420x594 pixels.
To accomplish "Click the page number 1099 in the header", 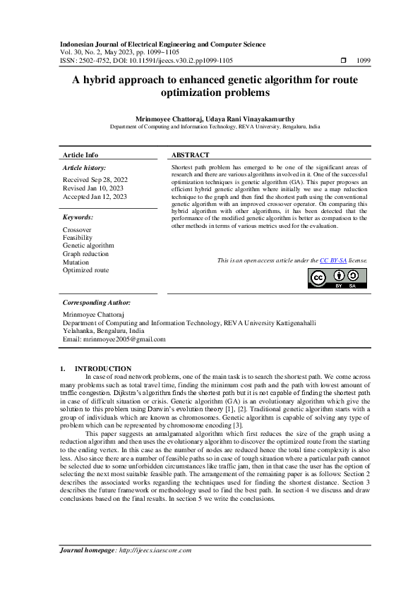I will (364, 61).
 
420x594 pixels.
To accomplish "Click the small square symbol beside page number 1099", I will (344, 61).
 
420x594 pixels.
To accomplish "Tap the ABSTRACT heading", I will (191, 154).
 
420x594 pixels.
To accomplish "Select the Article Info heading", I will (80, 154).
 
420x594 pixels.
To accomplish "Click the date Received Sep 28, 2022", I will (95, 180).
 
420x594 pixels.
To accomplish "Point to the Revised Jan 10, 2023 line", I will (93, 188).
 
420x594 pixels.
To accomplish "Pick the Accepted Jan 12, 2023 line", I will (95, 197).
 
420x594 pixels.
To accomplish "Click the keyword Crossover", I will (77, 230).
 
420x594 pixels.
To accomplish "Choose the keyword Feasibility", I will (78, 238).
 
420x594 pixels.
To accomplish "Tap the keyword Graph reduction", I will (85, 253).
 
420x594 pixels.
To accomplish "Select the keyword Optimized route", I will (85, 269).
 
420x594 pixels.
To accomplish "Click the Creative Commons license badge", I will (338, 279).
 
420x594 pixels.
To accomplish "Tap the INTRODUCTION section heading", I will (103, 368).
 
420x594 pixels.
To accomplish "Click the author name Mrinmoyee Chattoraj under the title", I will (168, 119).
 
